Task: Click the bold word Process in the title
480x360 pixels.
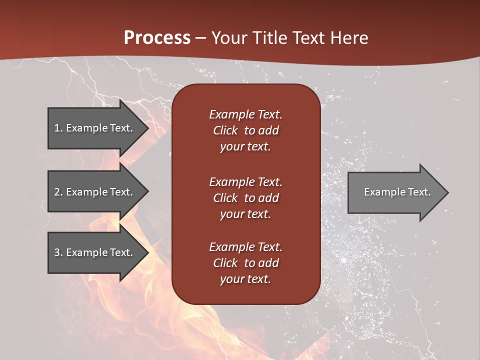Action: click(x=157, y=38)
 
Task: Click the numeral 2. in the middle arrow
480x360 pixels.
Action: click(x=58, y=192)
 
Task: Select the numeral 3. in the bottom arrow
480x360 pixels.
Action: click(x=58, y=252)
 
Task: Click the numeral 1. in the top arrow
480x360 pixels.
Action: click(x=58, y=128)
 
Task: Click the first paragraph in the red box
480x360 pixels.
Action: click(x=245, y=130)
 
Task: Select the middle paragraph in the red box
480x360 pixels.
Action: click(x=245, y=198)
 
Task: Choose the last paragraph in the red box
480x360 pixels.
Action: click(x=245, y=263)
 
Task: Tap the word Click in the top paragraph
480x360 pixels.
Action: click(x=225, y=130)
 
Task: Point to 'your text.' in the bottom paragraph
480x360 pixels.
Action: click(x=245, y=279)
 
